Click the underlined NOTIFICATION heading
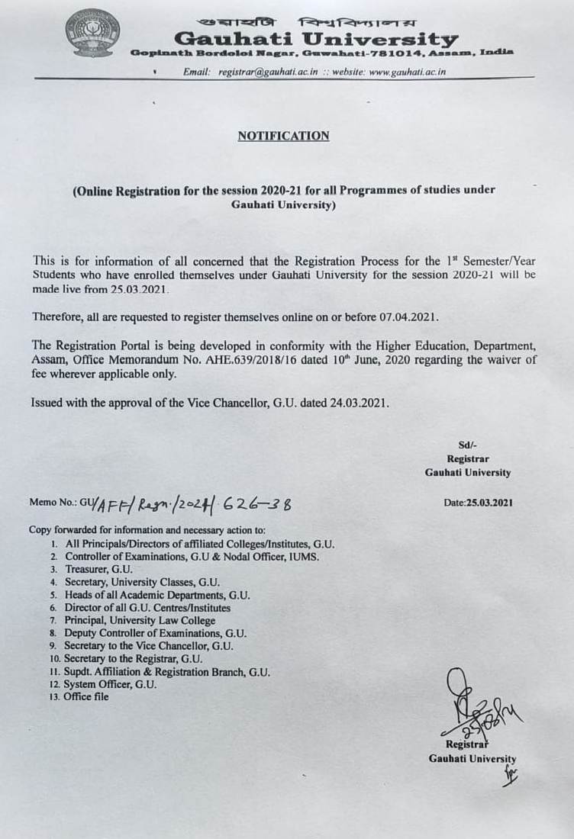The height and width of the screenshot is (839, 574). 283,136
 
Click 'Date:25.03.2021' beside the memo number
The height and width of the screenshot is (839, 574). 478,503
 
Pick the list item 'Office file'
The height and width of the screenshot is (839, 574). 86,697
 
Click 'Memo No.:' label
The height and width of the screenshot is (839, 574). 53,504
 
